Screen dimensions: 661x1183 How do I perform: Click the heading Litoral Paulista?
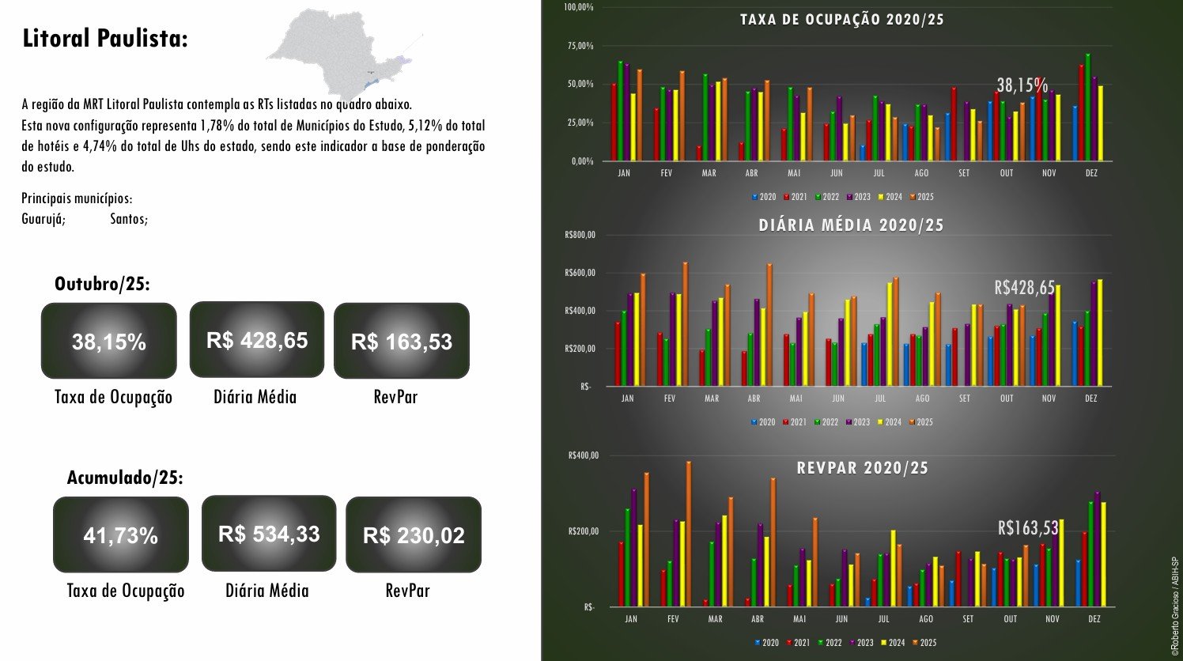(105, 39)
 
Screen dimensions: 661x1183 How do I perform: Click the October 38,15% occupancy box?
(109, 341)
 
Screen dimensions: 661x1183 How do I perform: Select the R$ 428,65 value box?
(257, 339)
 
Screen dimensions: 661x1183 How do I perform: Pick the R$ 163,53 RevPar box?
(402, 341)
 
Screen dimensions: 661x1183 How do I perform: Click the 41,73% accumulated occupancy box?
(121, 534)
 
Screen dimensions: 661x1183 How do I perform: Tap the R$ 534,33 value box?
(269, 533)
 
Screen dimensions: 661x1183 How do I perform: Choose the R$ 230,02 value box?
(414, 534)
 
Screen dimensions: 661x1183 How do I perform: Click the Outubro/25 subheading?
(102, 284)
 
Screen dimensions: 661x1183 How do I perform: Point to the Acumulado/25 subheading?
(125, 478)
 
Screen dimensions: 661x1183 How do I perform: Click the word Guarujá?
(43, 219)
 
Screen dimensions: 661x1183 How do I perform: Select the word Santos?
(129, 219)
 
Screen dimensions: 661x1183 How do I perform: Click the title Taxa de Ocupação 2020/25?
(842, 20)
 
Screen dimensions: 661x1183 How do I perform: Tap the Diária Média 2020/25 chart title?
(852, 225)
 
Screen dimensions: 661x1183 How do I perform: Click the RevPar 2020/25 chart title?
(862, 468)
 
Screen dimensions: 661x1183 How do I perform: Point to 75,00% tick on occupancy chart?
(580, 46)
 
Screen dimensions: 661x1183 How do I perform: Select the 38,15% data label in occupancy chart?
(1022, 85)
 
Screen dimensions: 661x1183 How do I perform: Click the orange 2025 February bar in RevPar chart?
(689, 534)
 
